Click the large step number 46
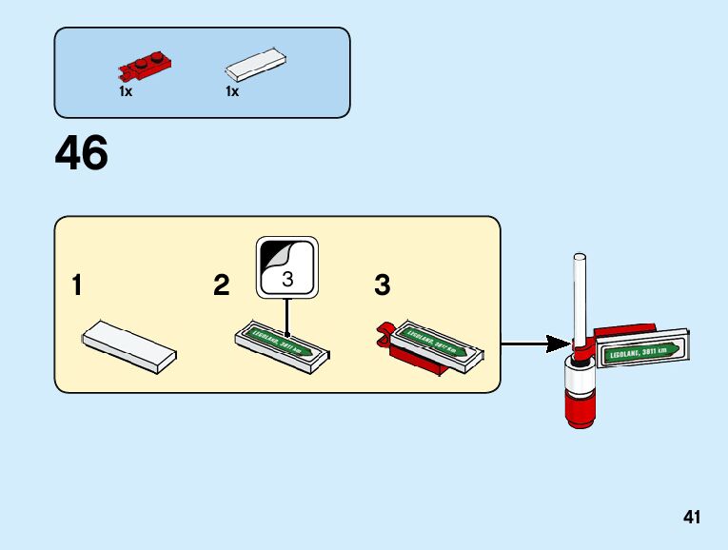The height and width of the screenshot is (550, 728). [x=82, y=153]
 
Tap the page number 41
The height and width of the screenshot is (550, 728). [x=691, y=518]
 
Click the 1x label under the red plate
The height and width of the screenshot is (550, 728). [x=125, y=91]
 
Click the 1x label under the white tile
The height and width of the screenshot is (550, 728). [x=232, y=91]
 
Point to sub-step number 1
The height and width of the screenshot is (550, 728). [x=77, y=285]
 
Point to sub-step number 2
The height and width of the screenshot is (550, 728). [x=222, y=285]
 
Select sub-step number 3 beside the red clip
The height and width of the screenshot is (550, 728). [x=382, y=285]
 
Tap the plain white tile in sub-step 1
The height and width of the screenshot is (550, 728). [x=129, y=345]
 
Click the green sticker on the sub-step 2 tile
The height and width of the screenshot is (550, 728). [x=282, y=341]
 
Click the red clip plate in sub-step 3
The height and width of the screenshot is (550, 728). [x=419, y=360]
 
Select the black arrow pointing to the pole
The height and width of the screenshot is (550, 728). [x=533, y=343]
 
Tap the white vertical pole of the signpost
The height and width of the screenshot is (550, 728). [x=577, y=295]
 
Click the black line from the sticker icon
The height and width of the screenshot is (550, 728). [x=286, y=314]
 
